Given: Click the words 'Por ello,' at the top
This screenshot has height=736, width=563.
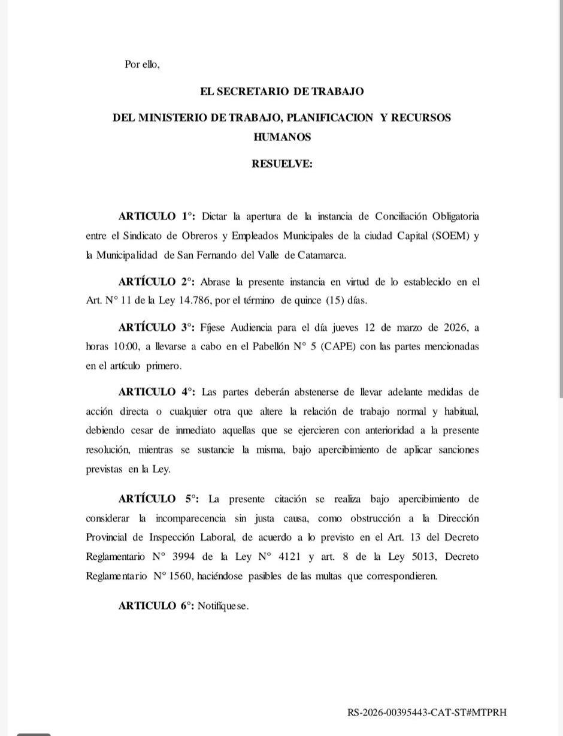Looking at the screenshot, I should point(142,64).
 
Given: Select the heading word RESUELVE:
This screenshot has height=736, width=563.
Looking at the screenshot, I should point(281,164).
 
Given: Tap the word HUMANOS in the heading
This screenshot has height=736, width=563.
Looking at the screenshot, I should point(282,137).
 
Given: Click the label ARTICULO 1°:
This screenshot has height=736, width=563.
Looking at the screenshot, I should point(157,216).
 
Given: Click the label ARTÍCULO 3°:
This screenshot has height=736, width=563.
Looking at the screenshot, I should point(157,327).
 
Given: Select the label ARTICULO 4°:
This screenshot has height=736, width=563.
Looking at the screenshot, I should point(157,392).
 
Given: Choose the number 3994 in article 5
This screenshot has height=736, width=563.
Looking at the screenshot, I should point(184,557).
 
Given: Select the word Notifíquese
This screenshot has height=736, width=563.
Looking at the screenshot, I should point(223,606).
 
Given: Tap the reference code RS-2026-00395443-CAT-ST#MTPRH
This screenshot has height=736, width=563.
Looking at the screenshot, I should point(426,713).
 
